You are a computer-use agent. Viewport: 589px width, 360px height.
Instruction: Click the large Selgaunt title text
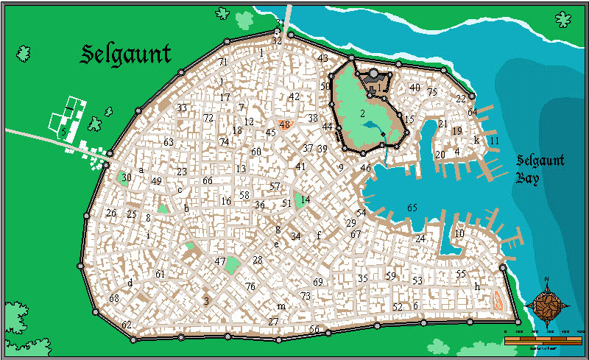126,54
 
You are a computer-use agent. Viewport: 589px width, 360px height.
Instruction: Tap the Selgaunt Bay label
539,169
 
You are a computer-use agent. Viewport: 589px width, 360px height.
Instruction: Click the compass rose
547,304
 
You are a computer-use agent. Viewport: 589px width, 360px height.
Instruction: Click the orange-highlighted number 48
285,124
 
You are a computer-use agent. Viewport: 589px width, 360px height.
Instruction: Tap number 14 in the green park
305,200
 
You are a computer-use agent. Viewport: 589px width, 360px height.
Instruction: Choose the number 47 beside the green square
220,261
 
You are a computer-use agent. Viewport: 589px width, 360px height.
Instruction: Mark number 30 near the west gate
127,177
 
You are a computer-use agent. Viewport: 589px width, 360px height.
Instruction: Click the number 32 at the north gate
277,41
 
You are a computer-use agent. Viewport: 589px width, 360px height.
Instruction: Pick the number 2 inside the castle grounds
362,113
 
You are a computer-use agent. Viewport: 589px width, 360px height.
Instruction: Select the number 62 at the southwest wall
127,325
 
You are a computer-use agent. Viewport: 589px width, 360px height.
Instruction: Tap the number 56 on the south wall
314,329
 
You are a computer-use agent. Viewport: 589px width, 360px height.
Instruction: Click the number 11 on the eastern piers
494,140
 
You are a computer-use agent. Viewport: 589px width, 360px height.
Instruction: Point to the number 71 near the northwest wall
223,62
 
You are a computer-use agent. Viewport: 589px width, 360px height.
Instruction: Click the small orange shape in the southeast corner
497,299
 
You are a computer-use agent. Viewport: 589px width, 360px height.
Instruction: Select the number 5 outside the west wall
64,132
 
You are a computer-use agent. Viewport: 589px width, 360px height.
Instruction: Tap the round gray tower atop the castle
374,74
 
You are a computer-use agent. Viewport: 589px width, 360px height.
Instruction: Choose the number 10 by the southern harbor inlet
459,233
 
